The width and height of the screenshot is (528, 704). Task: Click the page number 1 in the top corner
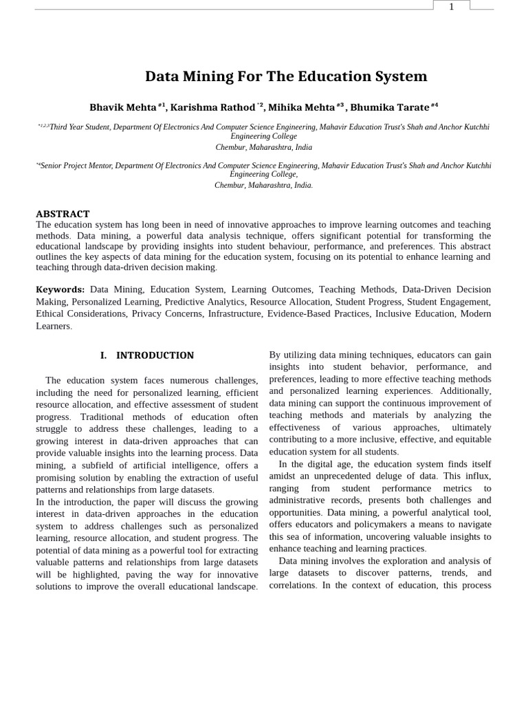click(x=452, y=6)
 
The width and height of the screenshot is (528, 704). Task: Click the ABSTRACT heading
click(x=63, y=214)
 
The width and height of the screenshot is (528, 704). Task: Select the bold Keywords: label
click(x=60, y=290)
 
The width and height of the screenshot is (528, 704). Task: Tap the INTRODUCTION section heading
click(x=155, y=355)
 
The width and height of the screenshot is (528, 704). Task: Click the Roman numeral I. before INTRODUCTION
click(x=104, y=355)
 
